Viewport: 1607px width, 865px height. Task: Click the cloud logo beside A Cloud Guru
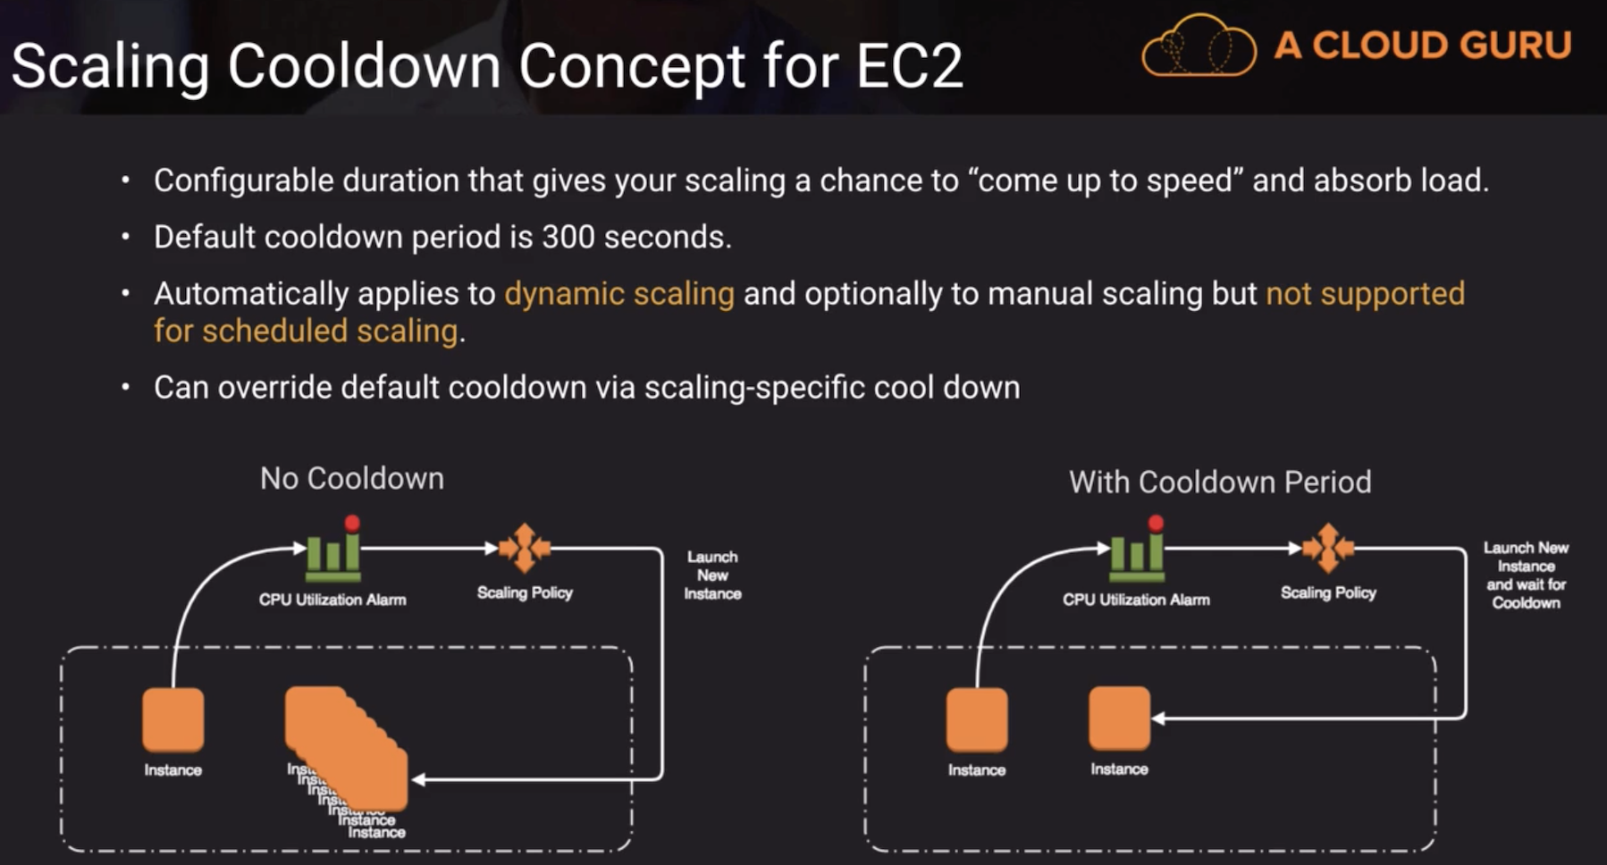click(x=1198, y=46)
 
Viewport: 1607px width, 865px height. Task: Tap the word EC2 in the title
click(x=910, y=66)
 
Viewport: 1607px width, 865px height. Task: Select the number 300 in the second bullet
click(x=568, y=237)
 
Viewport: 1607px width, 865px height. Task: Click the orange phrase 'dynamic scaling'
click(x=619, y=294)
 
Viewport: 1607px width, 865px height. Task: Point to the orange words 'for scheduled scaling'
click(x=306, y=332)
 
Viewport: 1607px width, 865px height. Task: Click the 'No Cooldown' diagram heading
click(x=352, y=479)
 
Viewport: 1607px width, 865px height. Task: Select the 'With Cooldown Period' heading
click(x=1220, y=483)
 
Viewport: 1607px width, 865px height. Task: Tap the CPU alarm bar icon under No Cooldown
click(x=333, y=552)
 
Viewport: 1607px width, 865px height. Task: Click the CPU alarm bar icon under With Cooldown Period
click(x=1137, y=552)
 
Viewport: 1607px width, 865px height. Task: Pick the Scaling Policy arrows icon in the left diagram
click(x=525, y=548)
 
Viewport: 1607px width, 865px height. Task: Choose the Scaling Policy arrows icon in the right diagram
click(x=1328, y=548)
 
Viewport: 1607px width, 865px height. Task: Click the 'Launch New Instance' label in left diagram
click(x=712, y=575)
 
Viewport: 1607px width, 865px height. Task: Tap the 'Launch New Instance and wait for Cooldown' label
click(x=1526, y=575)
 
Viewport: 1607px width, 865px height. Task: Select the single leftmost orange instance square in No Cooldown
click(x=173, y=719)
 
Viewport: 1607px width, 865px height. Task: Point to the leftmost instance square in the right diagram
click(x=977, y=719)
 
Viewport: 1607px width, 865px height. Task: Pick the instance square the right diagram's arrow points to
click(x=1119, y=718)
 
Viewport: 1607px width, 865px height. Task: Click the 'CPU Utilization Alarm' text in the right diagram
click(x=1136, y=600)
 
